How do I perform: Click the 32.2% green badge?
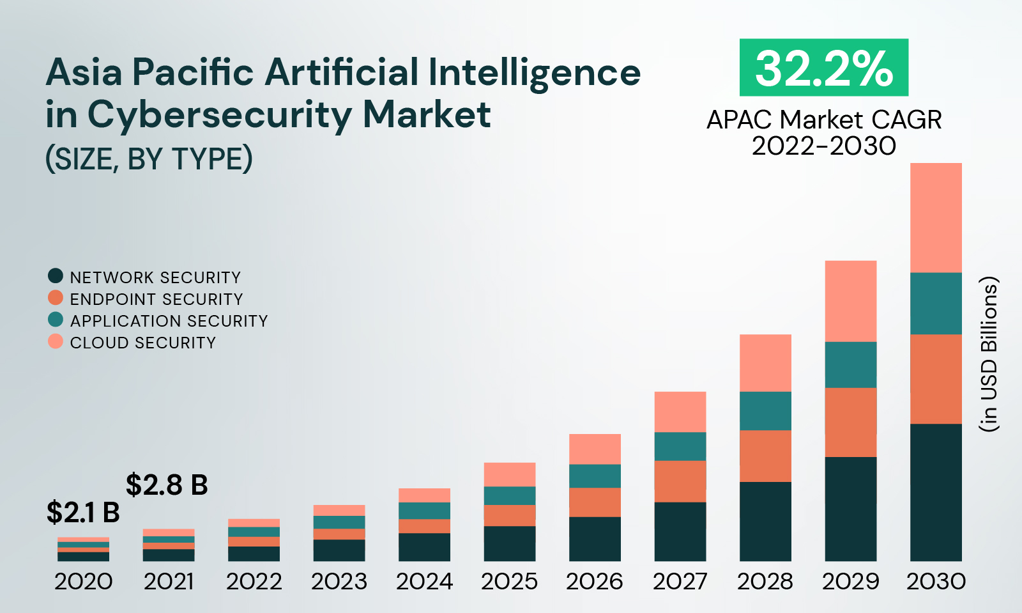point(823,68)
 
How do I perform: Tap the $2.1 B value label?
point(83,513)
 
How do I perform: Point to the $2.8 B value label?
point(167,485)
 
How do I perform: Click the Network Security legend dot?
point(56,276)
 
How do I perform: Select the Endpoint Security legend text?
point(156,299)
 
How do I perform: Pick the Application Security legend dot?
point(56,320)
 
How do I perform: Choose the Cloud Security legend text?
point(143,343)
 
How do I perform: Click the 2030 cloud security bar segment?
point(936,218)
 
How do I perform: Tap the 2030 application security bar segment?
point(936,304)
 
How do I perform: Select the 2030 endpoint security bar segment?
point(936,379)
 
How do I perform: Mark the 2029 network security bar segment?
point(850,509)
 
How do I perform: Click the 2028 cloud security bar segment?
point(765,363)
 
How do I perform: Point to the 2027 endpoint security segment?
point(680,481)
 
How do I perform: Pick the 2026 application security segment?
point(595,476)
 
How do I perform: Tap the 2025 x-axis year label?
point(509,582)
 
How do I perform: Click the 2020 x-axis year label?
point(84,582)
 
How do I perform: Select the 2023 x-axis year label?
point(339,582)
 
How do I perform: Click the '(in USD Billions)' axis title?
point(989,354)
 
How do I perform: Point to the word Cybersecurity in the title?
point(218,115)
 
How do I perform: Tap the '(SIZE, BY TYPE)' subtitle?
point(149,159)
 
